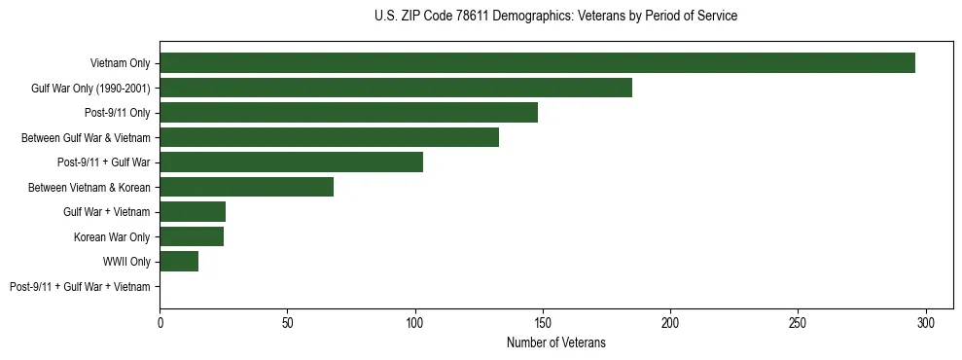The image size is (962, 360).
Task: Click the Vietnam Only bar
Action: click(x=537, y=63)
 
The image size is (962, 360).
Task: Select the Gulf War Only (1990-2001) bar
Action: click(x=396, y=88)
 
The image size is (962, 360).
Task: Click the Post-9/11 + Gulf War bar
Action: click(x=291, y=162)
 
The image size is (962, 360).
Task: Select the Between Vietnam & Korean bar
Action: click(x=246, y=187)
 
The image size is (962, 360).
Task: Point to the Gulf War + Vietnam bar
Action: click(x=193, y=212)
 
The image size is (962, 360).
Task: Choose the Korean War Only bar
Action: click(x=192, y=236)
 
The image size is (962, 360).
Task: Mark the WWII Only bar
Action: click(x=179, y=261)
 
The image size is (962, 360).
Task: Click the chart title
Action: click(x=555, y=17)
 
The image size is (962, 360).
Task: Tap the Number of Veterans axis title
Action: click(x=555, y=342)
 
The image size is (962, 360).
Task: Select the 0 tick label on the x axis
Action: click(x=160, y=322)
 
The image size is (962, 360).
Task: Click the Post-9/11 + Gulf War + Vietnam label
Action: click(x=80, y=286)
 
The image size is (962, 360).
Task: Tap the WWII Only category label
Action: click(x=126, y=262)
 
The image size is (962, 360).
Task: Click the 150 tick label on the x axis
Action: click(x=543, y=322)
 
